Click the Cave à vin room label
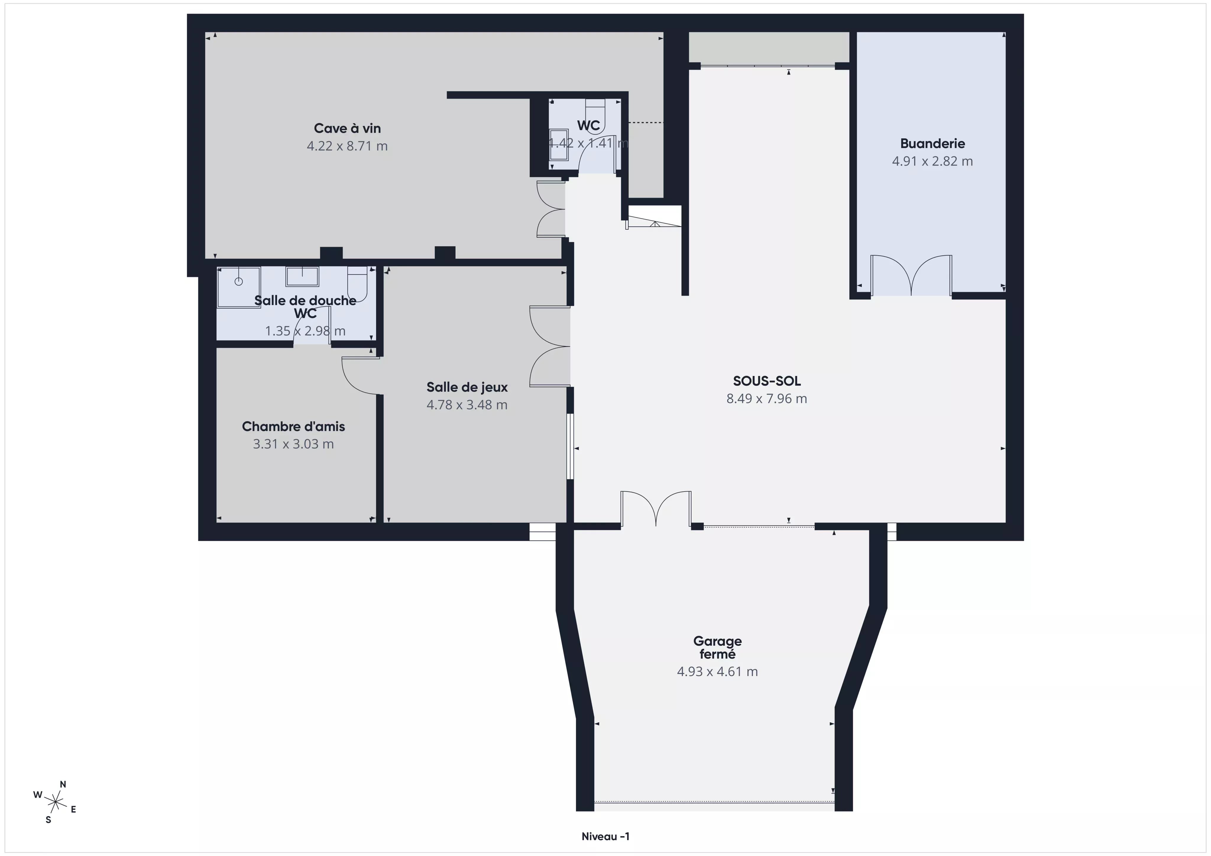pyautogui.click(x=347, y=128)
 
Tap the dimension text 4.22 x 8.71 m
pyautogui.click(x=347, y=146)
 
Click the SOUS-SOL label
pyautogui.click(x=767, y=381)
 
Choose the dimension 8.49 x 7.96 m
pyautogui.click(x=767, y=399)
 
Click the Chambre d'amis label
pyautogui.click(x=293, y=426)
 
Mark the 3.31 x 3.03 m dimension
pyautogui.click(x=293, y=444)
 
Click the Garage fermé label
pyautogui.click(x=717, y=648)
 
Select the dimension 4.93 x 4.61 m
pyautogui.click(x=717, y=672)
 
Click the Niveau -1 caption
pyautogui.click(x=605, y=836)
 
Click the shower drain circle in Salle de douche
pyautogui.click(x=238, y=282)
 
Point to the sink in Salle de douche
pyautogui.click(x=302, y=276)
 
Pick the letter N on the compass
pyautogui.click(x=63, y=784)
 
